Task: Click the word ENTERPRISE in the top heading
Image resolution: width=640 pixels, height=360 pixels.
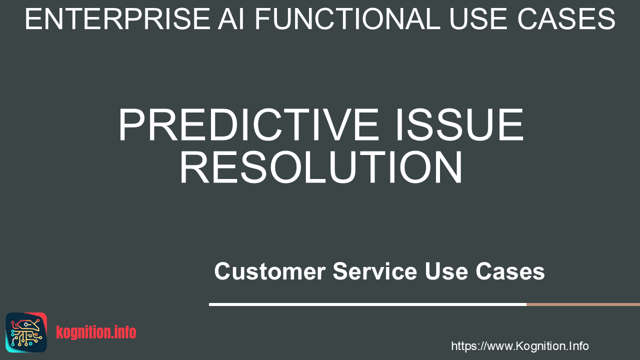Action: [x=117, y=19]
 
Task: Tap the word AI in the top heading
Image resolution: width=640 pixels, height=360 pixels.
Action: [x=231, y=19]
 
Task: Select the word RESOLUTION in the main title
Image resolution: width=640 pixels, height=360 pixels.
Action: [x=320, y=167]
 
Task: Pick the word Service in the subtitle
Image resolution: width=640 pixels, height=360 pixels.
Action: [x=375, y=271]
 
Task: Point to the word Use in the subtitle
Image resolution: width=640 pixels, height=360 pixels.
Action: [x=446, y=271]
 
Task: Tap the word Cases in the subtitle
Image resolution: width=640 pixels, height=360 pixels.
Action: [x=510, y=271]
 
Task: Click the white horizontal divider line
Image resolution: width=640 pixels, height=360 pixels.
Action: [x=367, y=304]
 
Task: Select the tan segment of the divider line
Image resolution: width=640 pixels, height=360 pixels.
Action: [x=583, y=304]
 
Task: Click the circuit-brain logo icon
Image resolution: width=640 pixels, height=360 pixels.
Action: [x=26, y=332]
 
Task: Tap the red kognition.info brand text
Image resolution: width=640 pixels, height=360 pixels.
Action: [x=96, y=332]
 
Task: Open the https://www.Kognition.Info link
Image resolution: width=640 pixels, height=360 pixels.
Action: [x=519, y=346]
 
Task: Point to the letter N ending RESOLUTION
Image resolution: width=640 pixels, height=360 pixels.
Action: [x=447, y=167]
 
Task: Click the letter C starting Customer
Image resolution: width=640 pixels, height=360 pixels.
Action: [x=222, y=271]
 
